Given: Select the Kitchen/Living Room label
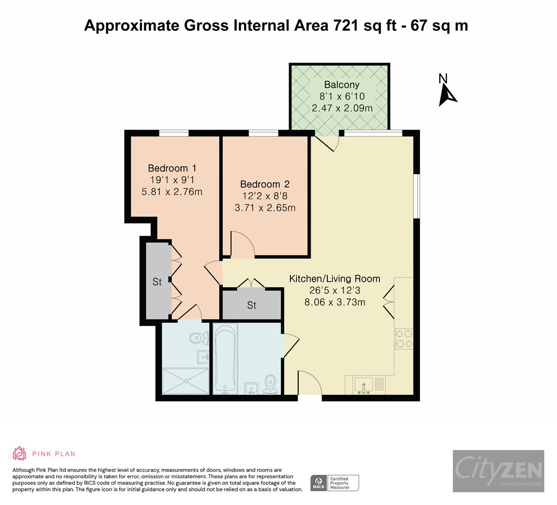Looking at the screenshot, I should pyautogui.click(x=334, y=279).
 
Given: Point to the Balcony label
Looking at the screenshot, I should pyautogui.click(x=342, y=85).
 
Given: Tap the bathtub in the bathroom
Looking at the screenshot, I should pyautogui.click(x=225, y=358).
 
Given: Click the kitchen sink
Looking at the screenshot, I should pyautogui.click(x=364, y=385).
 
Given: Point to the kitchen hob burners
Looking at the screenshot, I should pyautogui.click(x=404, y=339).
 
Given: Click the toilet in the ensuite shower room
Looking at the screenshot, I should pyautogui.click(x=199, y=337).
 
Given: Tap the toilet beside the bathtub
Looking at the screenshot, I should pyautogui.click(x=270, y=384).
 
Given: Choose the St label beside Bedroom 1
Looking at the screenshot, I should pyautogui.click(x=157, y=282).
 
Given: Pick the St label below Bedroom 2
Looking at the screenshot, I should pyautogui.click(x=252, y=305).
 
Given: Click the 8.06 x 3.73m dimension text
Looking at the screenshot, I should pyautogui.click(x=334, y=302).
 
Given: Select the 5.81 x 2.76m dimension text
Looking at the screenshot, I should pyautogui.click(x=172, y=191).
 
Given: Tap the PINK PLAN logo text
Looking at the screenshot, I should pyautogui.click(x=54, y=454).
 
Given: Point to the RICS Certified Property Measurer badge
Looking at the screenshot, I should pyautogui.click(x=335, y=483).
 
